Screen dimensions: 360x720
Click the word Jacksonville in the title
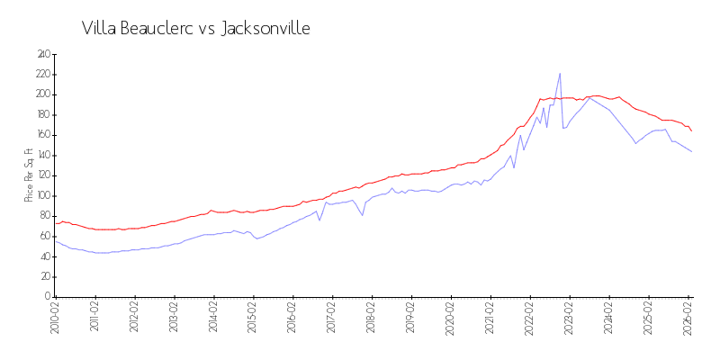click(265, 28)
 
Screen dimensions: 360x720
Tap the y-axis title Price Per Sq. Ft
click(29, 175)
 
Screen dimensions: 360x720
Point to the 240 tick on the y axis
click(41, 54)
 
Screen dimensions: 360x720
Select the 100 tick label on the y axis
click(41, 195)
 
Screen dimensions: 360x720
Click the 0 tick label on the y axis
click(47, 297)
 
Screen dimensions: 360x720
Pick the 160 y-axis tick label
click(41, 135)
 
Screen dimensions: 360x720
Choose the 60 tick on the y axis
click(43, 236)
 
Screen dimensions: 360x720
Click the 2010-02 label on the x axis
click(55, 317)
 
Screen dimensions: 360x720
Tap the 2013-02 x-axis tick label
click(174, 317)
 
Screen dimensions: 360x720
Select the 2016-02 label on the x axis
click(292, 317)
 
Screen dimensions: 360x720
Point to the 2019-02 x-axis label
click(411, 317)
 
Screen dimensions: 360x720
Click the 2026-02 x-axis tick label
click(688, 317)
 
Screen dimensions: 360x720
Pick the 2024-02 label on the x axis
click(609, 317)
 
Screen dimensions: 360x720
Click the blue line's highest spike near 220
click(560, 74)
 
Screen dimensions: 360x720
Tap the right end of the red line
click(691, 130)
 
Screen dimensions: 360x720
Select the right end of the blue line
click(691, 151)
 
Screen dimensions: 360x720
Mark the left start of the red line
click(56, 223)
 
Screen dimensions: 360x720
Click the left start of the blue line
click(56, 241)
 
